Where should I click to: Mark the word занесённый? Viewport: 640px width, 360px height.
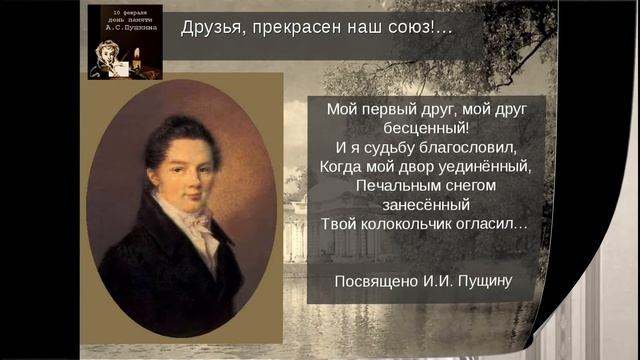426,205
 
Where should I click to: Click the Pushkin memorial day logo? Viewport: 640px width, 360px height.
125,42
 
